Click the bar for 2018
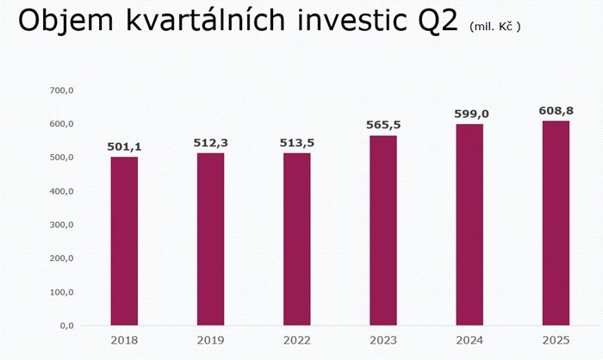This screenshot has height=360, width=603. [124, 241]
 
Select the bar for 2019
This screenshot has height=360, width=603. [210, 239]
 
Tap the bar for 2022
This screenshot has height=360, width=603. [296, 239]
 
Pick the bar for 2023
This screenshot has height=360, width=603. [383, 231]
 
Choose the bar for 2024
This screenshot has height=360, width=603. [469, 225]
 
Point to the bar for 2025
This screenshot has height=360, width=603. [556, 223]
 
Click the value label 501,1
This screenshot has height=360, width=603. [124, 147]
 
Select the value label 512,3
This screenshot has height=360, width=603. [210, 143]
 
